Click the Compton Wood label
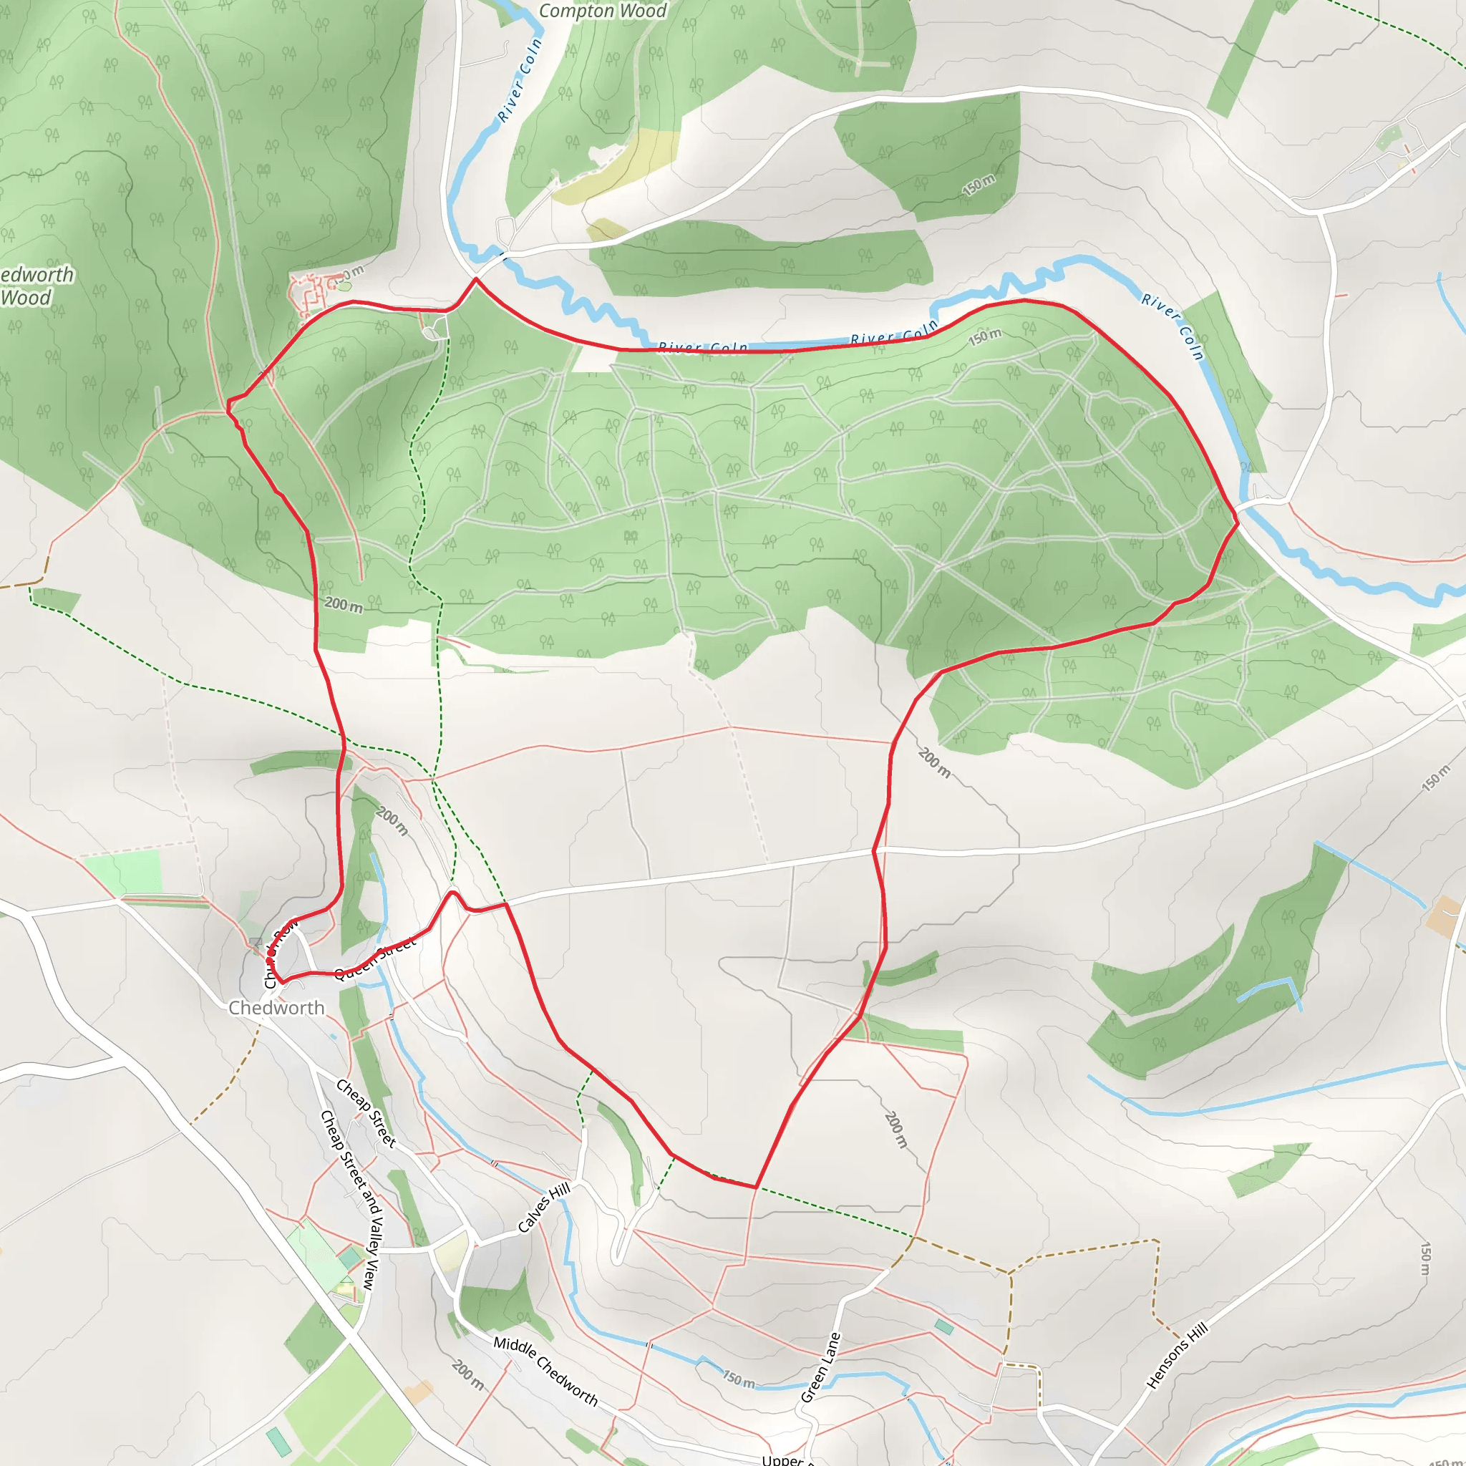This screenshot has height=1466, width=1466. pos(603,11)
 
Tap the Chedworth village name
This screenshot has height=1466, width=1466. pos(276,1008)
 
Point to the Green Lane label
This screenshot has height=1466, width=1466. pos(821,1367)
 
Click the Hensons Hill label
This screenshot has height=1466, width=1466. pos(1176,1355)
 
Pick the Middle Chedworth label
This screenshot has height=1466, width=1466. pos(545,1370)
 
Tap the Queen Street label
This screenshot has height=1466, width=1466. pos(375,958)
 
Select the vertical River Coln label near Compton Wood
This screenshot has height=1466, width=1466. pos(520,79)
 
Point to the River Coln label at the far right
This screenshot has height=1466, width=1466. pos(1173,327)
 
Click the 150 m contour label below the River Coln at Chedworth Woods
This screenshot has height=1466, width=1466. pos(985,337)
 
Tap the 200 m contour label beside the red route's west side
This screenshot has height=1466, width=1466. pos(344,605)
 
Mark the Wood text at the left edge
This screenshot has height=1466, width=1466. pos(26,298)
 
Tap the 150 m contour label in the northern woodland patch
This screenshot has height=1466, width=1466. pos(979,185)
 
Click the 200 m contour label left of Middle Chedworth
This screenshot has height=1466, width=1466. pos(467,1374)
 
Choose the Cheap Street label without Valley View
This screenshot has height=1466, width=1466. pos(366,1113)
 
